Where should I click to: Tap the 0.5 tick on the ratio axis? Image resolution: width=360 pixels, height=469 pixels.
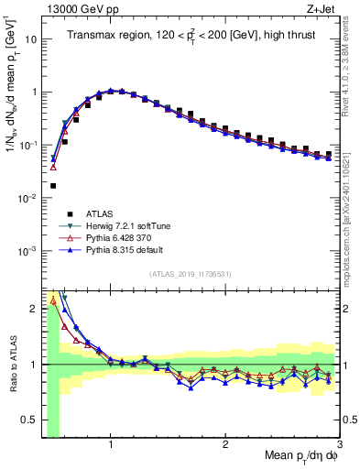click(31, 420)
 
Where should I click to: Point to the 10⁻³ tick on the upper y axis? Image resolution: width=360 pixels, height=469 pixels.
click(28, 251)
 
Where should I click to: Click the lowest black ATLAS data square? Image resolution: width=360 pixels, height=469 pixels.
click(53, 185)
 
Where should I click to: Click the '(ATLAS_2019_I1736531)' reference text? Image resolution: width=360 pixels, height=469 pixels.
click(191, 273)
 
